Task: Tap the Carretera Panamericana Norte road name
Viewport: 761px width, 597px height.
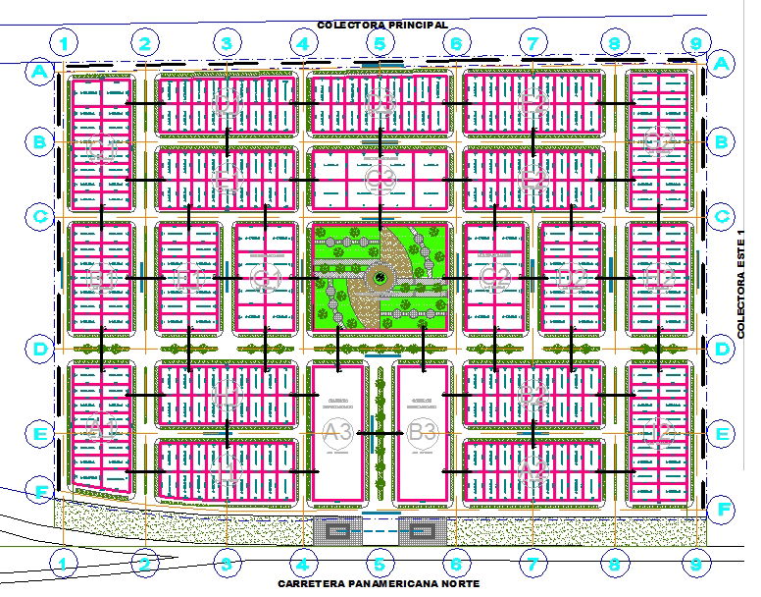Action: [x=379, y=583]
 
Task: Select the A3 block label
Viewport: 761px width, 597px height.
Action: [x=338, y=431]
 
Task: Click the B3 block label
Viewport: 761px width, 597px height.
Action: [x=423, y=431]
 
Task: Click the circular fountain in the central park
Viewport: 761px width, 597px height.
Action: [x=379, y=280]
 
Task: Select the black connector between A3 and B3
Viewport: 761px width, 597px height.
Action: [x=380, y=432]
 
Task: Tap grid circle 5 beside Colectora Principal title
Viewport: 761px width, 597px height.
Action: [x=379, y=43]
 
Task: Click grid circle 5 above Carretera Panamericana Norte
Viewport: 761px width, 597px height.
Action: [x=379, y=564]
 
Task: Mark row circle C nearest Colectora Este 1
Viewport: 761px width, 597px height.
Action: [x=722, y=216]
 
